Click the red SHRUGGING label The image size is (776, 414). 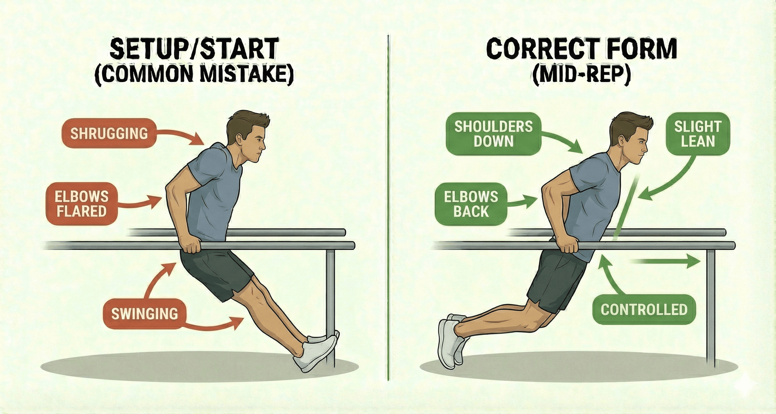tap(109, 134)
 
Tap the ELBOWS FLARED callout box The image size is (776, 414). tap(81, 204)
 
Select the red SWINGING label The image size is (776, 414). tap(145, 314)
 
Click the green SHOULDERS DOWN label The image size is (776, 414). tap(494, 134)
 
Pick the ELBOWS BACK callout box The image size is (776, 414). tap(471, 204)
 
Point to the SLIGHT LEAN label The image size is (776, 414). tap(698, 134)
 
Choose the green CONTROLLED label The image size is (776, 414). tap(644, 310)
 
